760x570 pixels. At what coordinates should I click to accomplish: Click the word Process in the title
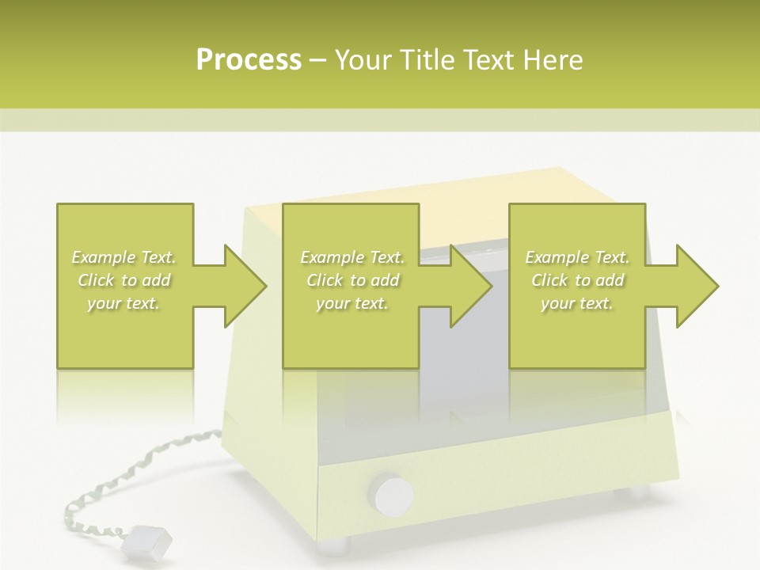pos(249,60)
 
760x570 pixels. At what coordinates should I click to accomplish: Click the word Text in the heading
pos(488,60)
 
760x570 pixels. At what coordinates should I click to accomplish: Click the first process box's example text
pos(124,280)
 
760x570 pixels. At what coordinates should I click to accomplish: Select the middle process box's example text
pos(352,280)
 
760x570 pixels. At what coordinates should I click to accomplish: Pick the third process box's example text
pos(577,280)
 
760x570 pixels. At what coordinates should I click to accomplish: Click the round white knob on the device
pos(393,495)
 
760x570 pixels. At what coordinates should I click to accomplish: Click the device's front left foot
pos(332,545)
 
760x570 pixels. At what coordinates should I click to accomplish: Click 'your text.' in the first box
pos(124,303)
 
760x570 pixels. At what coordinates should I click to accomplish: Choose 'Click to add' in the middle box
pos(352,280)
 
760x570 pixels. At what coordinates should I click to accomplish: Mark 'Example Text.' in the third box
pos(577,257)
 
